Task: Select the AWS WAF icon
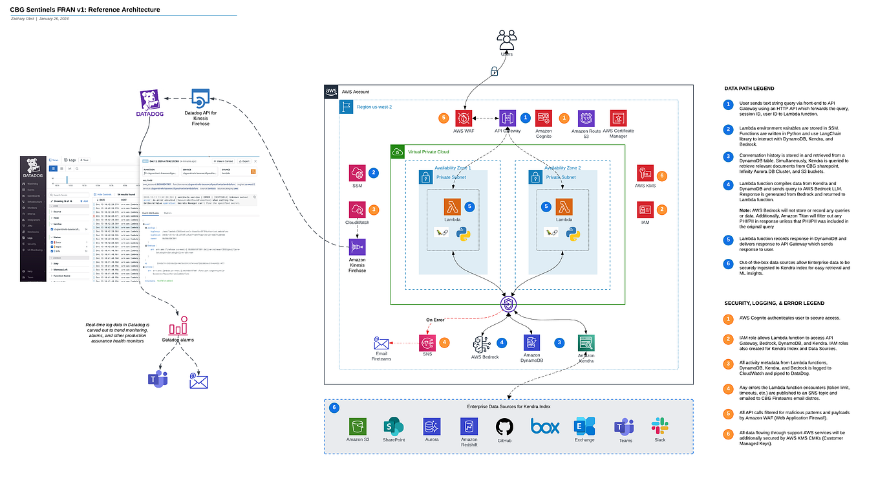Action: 464,119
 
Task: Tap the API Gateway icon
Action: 506,119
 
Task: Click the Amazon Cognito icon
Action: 544,119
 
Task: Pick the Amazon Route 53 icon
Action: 586,119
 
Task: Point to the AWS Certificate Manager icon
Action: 619,119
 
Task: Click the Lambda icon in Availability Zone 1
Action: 453,207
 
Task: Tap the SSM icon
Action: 357,173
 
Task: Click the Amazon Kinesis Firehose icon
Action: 357,248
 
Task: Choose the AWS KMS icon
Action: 645,173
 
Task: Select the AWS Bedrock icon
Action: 485,343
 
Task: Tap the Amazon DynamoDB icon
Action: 532,343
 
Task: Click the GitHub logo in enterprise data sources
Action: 504,426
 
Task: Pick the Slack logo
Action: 660,426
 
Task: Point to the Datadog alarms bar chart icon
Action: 178,325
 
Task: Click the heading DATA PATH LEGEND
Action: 749,89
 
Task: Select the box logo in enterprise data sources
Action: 544,426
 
